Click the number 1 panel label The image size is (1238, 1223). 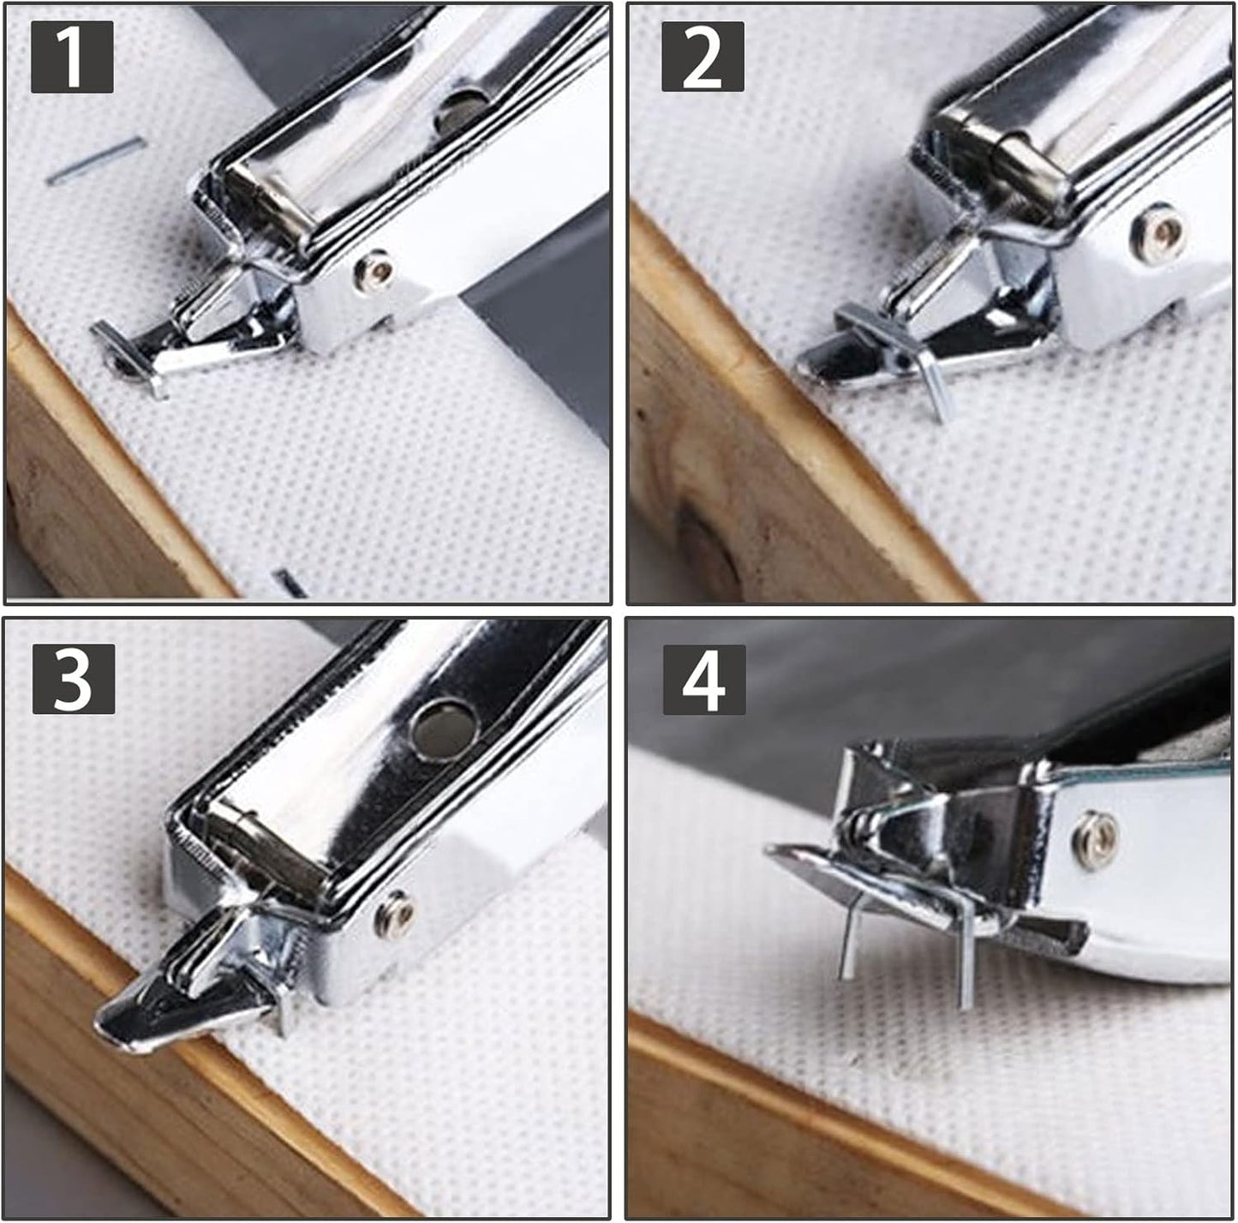pos(72,57)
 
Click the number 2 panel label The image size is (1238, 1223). pos(703,57)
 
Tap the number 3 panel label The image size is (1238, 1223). pos(74,679)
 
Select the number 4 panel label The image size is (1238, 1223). pos(704,680)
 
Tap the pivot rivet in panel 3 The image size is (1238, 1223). pos(394,914)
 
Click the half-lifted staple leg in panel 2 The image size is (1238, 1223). pos(936,391)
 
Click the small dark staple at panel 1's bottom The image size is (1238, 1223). pos(290,583)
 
